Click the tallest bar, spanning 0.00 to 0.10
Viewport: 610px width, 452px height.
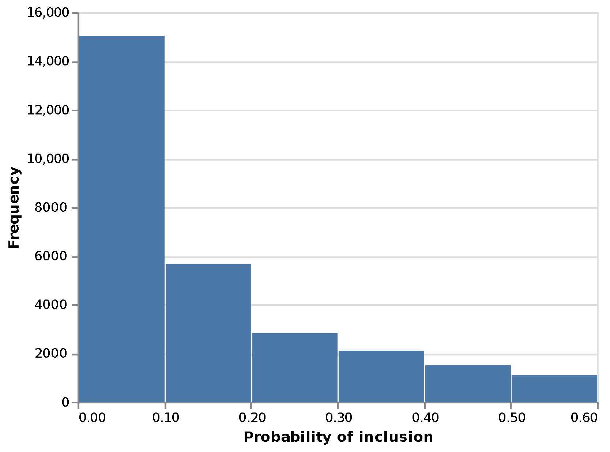[x=122, y=219]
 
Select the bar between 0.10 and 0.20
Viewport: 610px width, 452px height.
[x=208, y=333]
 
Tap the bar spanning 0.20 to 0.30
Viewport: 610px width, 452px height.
[x=295, y=368]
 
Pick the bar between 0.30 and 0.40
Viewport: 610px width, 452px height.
[x=381, y=376]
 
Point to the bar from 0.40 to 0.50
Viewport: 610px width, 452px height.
[x=468, y=384]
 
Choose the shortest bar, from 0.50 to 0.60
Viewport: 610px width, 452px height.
[x=554, y=388]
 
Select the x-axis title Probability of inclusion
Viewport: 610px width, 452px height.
[x=338, y=437]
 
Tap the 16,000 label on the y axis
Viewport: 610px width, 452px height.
[x=48, y=13]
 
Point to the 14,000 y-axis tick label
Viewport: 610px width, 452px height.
[x=48, y=61]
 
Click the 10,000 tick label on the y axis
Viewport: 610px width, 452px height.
[x=48, y=159]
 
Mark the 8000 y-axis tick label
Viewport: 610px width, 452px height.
[x=51, y=208]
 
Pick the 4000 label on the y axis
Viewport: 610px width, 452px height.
[x=51, y=305]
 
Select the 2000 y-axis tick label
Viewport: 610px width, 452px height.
[x=51, y=354]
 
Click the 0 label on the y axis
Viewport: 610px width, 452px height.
[x=65, y=403]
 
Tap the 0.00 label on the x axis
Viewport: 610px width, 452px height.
[x=92, y=418]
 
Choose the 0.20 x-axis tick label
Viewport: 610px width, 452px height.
[x=252, y=418]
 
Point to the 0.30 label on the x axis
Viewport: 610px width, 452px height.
[x=339, y=418]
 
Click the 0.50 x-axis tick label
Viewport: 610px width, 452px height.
[x=512, y=418]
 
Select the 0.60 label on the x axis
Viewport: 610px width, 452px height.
[x=584, y=418]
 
